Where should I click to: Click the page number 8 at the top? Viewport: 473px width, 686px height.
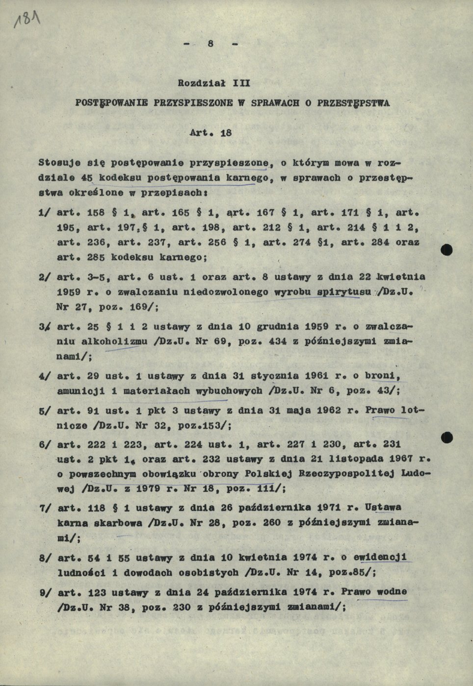point(210,44)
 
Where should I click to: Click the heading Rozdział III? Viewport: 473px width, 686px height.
point(214,83)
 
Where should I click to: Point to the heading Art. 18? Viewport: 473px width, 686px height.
point(211,132)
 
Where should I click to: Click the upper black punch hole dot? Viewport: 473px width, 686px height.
point(446,251)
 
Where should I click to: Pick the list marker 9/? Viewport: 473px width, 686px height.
point(46,592)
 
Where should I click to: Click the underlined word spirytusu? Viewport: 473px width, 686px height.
point(344,293)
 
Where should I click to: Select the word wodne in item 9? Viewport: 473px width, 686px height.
point(392,592)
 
